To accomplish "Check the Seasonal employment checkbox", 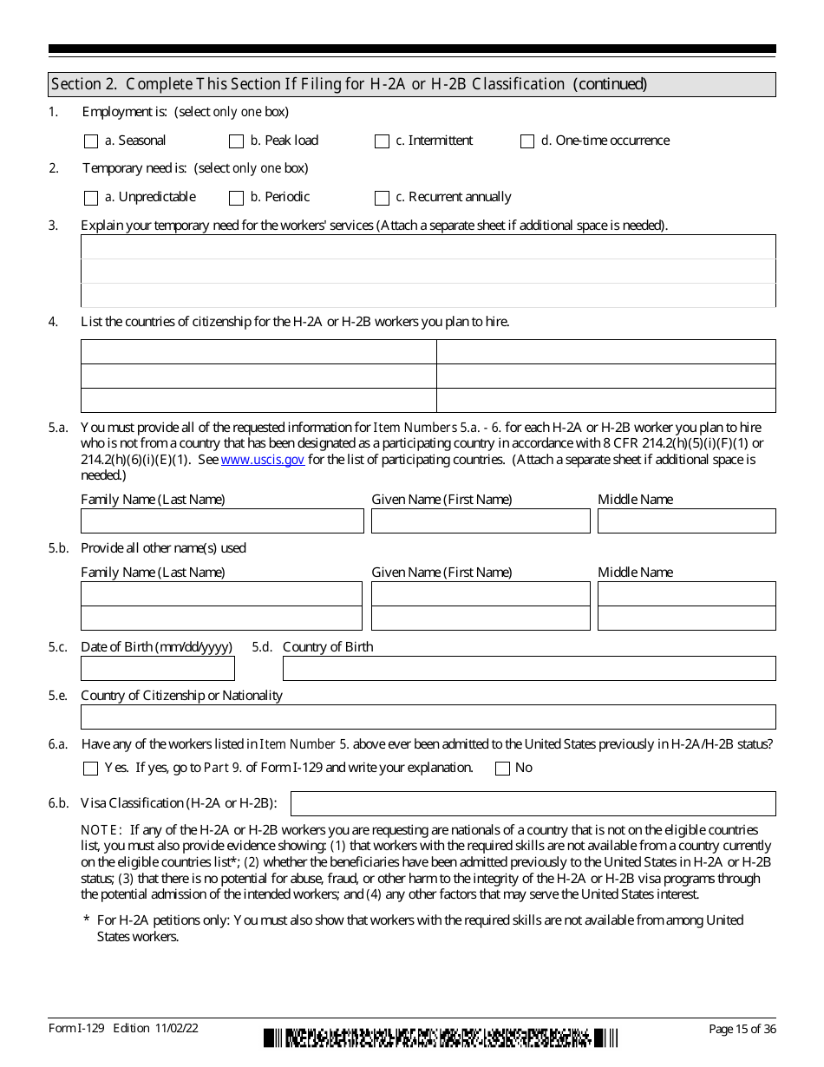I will (91, 141).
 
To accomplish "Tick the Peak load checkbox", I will (236, 141).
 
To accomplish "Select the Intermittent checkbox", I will (382, 141).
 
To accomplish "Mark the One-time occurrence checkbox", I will (527, 141).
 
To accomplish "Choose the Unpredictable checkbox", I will (91, 198).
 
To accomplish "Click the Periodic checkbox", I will (236, 198).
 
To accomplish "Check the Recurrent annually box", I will (382, 198).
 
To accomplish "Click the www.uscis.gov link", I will (263, 460).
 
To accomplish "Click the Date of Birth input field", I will (158, 669).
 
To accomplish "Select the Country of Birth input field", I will (529, 669).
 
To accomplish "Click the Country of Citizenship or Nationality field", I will (428, 717).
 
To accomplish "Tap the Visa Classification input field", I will (533, 803).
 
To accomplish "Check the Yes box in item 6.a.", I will (91, 769).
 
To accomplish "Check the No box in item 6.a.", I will (502, 769).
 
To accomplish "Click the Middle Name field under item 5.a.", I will (686, 521).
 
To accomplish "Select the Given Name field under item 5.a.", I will (481, 521).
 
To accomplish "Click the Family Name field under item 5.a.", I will (222, 521).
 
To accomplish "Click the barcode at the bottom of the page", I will (441, 1038).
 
